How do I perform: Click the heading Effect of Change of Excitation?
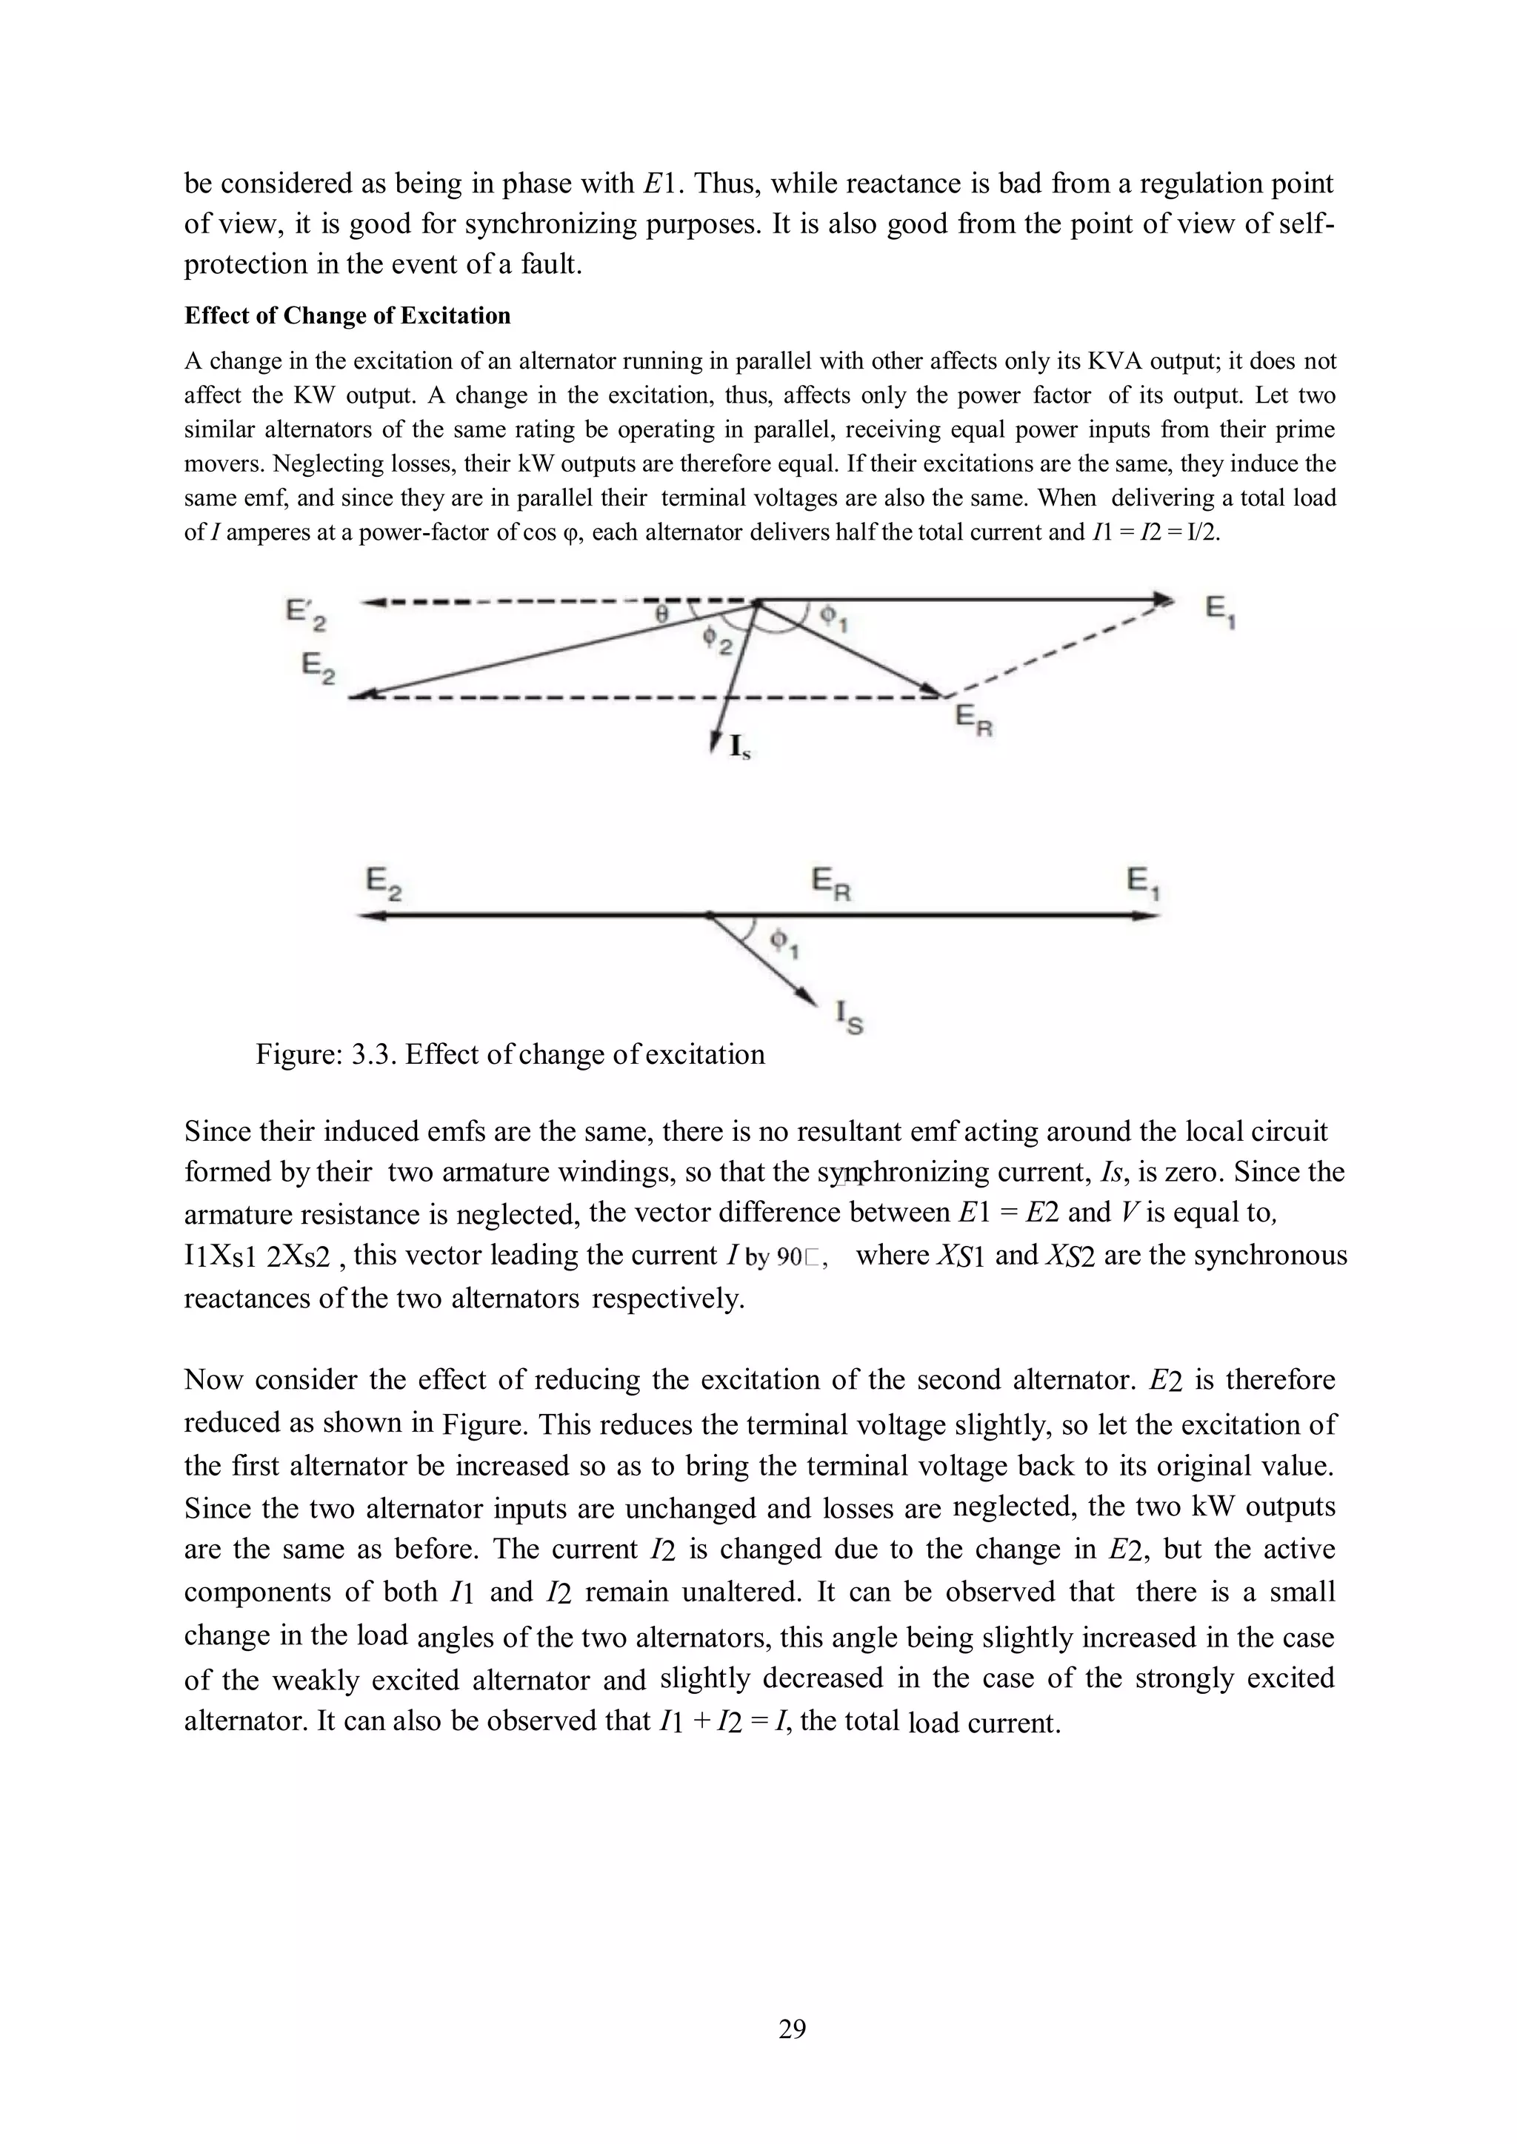click(x=347, y=315)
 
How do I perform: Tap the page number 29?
click(x=792, y=2029)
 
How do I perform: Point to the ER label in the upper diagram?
click(x=973, y=721)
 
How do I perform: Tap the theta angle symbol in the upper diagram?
click(x=661, y=614)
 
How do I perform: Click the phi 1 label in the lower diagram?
click(x=783, y=944)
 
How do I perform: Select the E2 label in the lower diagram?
click(x=383, y=883)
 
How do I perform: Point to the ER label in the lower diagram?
click(x=830, y=883)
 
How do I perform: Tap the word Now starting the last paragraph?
click(x=214, y=1379)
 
